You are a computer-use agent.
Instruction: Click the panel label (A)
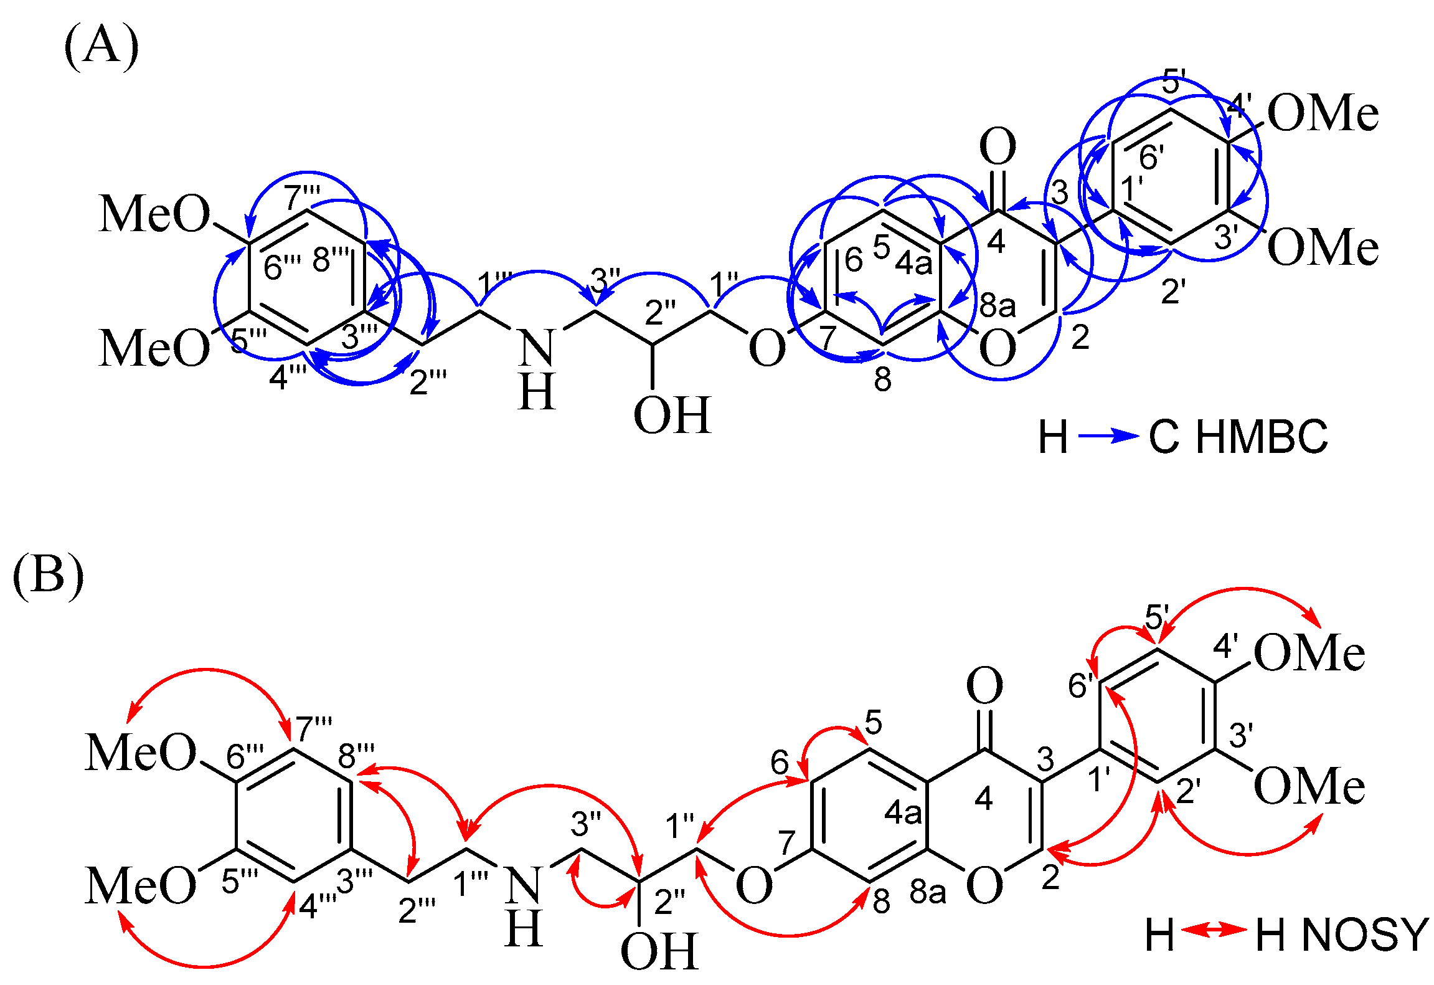click(101, 46)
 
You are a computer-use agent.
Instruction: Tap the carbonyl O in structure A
click(998, 147)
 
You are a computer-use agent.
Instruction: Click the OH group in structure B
click(659, 952)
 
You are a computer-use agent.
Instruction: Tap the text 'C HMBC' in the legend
click(1238, 437)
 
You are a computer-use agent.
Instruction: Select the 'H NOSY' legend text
click(1342, 936)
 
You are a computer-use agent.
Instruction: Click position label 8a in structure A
click(998, 306)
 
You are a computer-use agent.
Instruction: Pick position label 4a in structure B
click(903, 813)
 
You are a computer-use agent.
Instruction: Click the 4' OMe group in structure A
click(1323, 113)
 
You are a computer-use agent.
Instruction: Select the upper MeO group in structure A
click(154, 214)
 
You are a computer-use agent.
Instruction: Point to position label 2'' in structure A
click(661, 312)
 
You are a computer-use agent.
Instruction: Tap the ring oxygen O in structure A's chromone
click(998, 349)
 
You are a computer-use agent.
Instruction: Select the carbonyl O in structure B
click(984, 686)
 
